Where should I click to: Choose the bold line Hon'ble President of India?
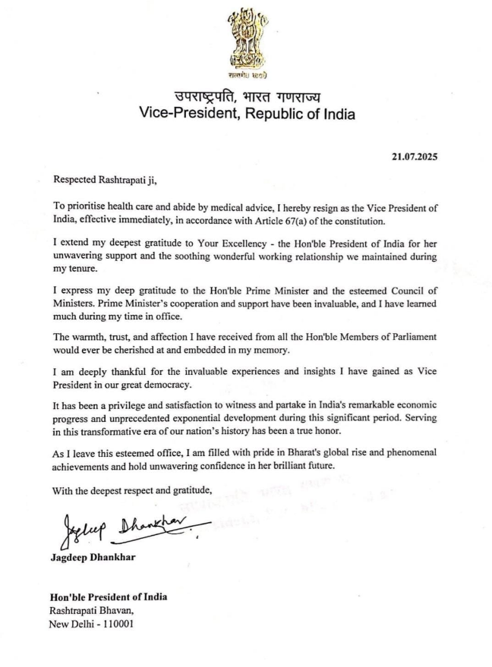point(110,597)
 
